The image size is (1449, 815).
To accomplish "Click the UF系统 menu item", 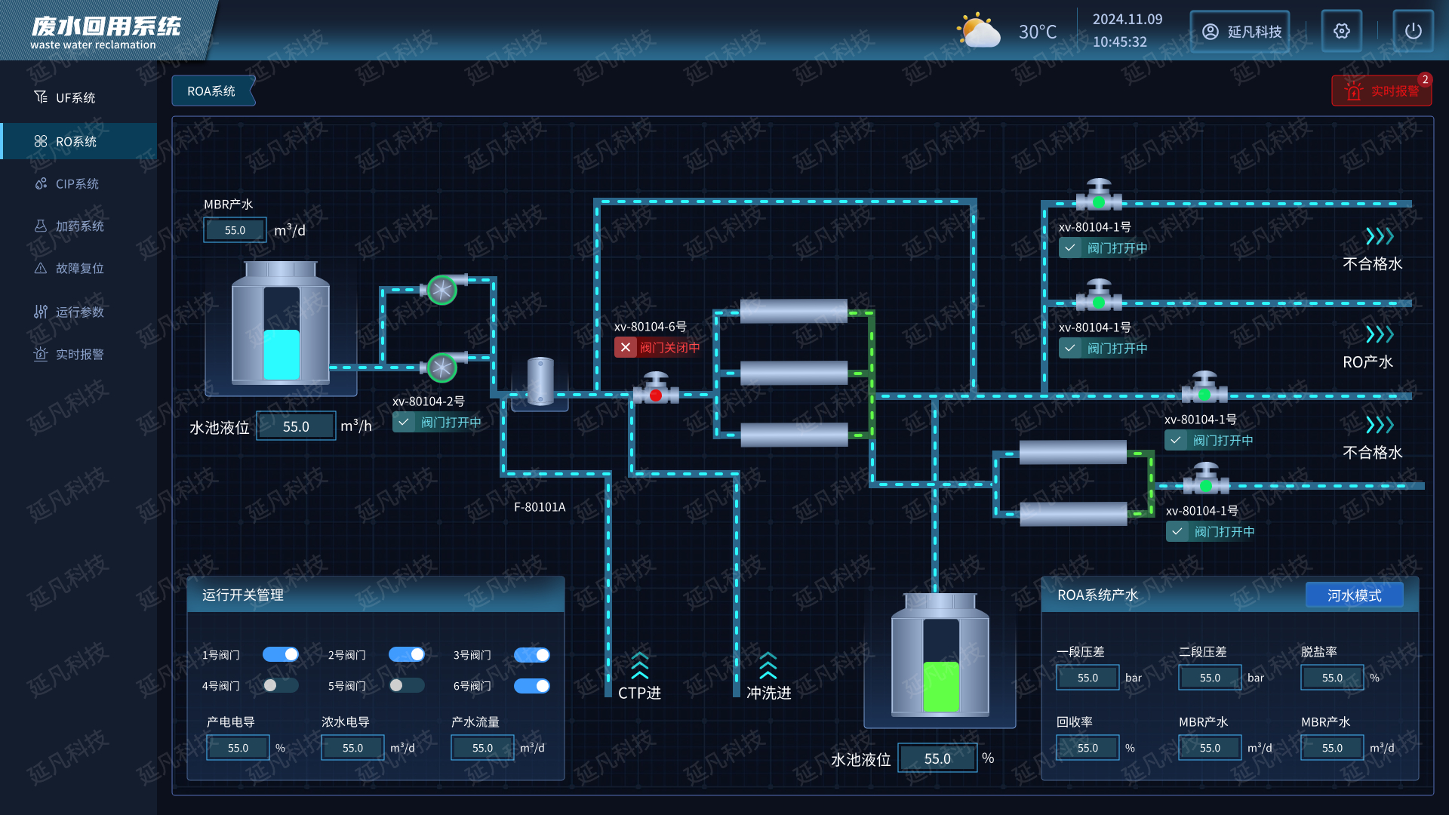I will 75,98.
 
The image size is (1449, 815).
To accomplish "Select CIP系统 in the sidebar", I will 77,184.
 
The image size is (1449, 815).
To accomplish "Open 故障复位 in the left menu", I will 79,269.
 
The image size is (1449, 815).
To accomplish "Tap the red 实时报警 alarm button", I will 1381,91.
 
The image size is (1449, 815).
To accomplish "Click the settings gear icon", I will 1341,31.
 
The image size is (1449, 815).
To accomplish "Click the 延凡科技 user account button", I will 1240,32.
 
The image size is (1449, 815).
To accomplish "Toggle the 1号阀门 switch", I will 281,654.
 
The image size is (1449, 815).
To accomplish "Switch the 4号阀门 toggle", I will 281,685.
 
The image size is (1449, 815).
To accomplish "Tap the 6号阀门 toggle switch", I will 532,685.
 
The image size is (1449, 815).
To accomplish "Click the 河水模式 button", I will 1354,595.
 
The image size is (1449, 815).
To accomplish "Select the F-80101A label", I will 540,507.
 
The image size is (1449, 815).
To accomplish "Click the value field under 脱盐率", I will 1332,678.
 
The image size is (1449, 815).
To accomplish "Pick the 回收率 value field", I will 1088,748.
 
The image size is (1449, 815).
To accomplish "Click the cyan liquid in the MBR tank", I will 281,355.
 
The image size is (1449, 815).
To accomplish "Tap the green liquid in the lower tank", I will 941,686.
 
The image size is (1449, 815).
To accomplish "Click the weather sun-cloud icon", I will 979,31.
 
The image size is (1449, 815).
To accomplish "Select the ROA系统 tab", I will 212,91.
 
